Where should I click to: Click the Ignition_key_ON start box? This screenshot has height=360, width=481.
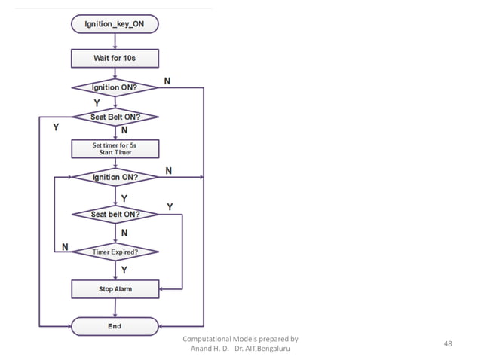pyautogui.click(x=115, y=24)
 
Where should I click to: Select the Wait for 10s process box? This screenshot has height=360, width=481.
pyautogui.click(x=115, y=57)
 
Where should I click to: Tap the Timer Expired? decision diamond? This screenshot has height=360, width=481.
pyautogui.click(x=115, y=252)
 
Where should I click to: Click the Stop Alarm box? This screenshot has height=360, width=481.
pyautogui.click(x=115, y=288)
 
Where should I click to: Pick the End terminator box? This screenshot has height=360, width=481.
pyautogui.click(x=115, y=326)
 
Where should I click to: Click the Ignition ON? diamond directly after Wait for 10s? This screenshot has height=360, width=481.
pyautogui.click(x=115, y=87)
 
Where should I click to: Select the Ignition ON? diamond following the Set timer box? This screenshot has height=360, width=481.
pyautogui.click(x=115, y=178)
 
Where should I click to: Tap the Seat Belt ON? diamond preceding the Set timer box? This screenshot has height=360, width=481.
pyautogui.click(x=115, y=117)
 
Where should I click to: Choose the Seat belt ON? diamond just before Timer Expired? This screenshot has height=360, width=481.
pyautogui.click(x=115, y=215)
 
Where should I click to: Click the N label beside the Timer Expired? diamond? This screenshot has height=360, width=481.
pyautogui.click(x=65, y=246)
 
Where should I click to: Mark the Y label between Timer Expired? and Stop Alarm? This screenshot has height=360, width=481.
pyautogui.click(x=124, y=269)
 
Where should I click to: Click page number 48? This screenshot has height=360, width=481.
pyautogui.click(x=449, y=344)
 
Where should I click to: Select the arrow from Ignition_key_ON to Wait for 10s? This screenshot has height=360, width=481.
pyautogui.click(x=115, y=41)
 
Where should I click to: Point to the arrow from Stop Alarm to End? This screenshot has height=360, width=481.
pyautogui.click(x=115, y=307)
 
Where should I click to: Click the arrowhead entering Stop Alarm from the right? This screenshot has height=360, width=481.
pyautogui.click(x=162, y=288)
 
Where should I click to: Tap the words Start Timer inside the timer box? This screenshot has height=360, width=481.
pyautogui.click(x=115, y=152)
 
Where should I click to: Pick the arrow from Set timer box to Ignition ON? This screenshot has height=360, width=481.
pyautogui.click(x=115, y=163)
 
